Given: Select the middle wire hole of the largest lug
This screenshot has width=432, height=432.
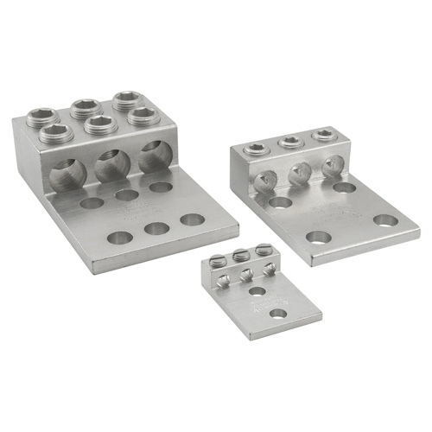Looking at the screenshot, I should [x=111, y=164].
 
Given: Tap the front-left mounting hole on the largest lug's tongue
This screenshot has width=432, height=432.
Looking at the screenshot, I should [x=119, y=237].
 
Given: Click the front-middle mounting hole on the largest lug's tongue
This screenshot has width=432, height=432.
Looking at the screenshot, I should [x=156, y=228].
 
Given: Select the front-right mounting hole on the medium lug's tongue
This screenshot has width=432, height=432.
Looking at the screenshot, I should [x=384, y=219].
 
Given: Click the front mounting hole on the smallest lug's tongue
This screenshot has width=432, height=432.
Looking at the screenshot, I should [x=277, y=312].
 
